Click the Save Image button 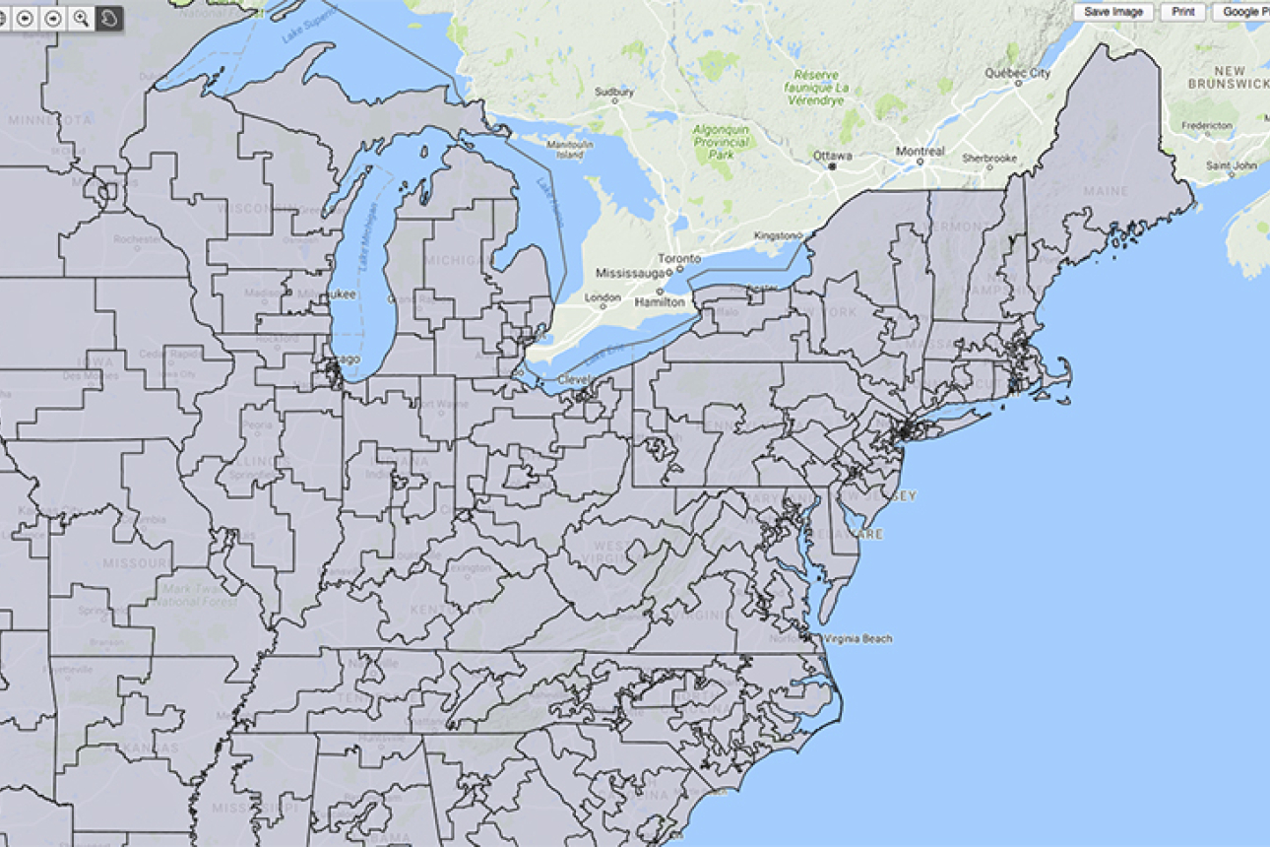coord(1113,12)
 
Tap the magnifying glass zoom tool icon coord(81,18)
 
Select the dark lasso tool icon coord(109,18)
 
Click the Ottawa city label coord(832,156)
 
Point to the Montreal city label coord(920,152)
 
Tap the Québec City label coord(1018,74)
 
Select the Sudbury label coord(614,93)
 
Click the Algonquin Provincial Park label coord(722,143)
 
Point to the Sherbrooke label coord(989,158)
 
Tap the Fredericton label coord(1207,126)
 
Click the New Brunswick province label coord(1228,77)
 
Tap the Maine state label coord(1105,191)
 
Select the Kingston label coord(772,235)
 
